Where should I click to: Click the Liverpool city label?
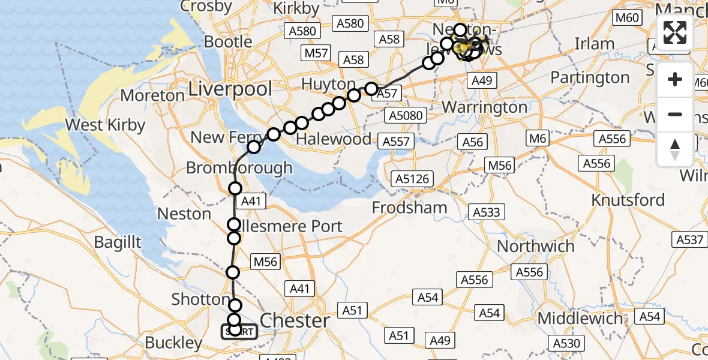pyautogui.click(x=230, y=89)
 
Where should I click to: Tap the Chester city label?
pyautogui.click(x=295, y=320)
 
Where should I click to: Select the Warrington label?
pyautogui.click(x=484, y=107)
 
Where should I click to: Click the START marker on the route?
pyautogui.click(x=239, y=331)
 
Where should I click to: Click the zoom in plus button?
pyautogui.click(x=675, y=80)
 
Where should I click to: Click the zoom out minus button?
pyautogui.click(x=675, y=114)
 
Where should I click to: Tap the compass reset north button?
pyautogui.click(x=675, y=149)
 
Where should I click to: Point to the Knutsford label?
pyautogui.click(x=628, y=199)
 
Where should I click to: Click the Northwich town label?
pyautogui.click(x=536, y=246)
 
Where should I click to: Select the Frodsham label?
pyautogui.click(x=410, y=208)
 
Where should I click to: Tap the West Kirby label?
pyautogui.click(x=106, y=125)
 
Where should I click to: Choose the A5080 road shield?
pyautogui.click(x=406, y=116)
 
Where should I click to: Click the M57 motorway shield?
pyautogui.click(x=316, y=53)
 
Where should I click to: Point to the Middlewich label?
pyautogui.click(x=580, y=318)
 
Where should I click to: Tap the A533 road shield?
pyautogui.click(x=487, y=212)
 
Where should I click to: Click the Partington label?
pyautogui.click(x=590, y=77)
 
